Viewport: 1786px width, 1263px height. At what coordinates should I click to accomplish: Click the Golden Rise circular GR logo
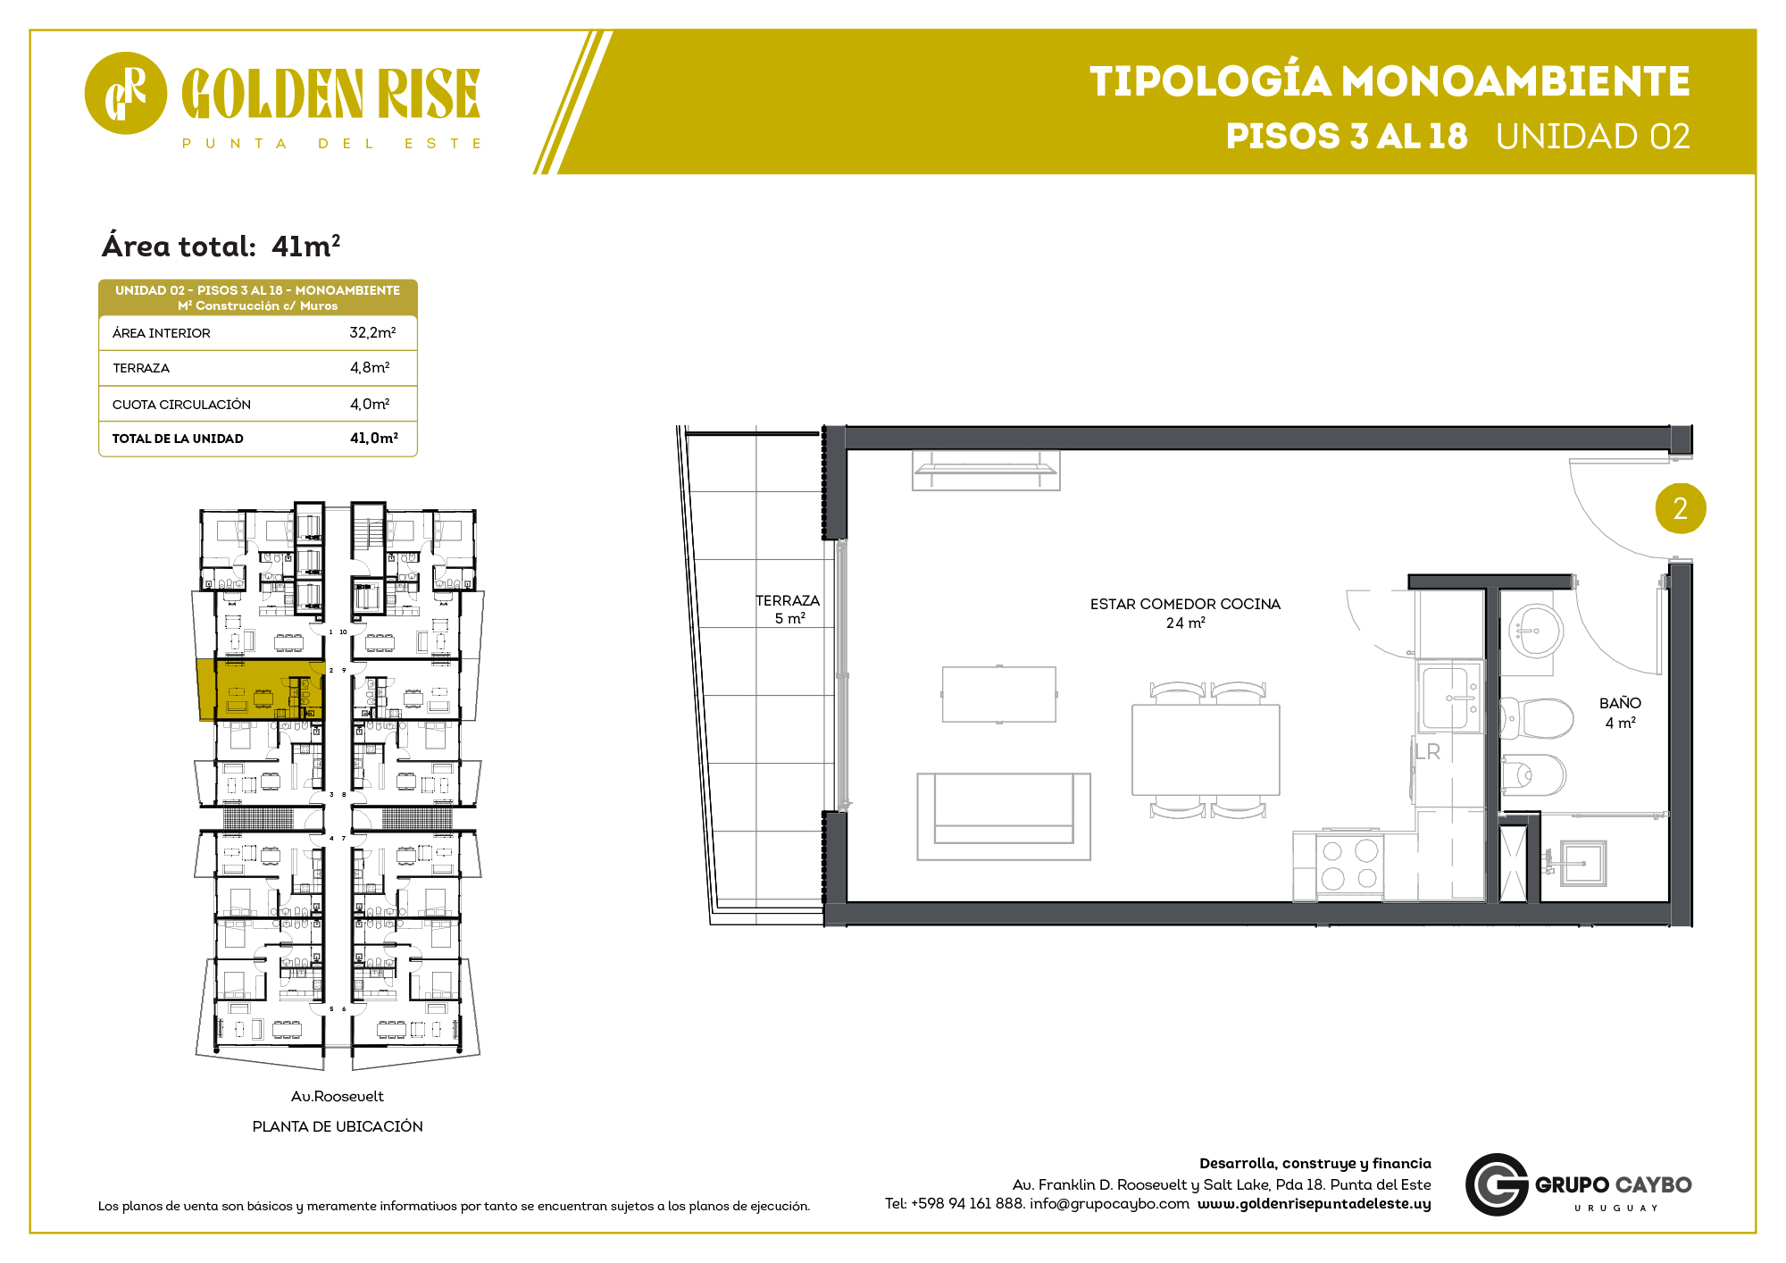[x=125, y=93]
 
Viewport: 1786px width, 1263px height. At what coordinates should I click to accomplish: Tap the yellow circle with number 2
[x=1680, y=508]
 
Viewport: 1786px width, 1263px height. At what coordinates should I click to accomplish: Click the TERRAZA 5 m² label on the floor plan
[x=788, y=609]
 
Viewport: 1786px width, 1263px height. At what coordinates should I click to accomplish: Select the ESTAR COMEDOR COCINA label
[x=1185, y=604]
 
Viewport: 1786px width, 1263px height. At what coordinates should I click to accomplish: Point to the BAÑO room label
[x=1620, y=703]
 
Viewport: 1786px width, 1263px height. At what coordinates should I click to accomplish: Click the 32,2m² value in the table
[x=372, y=332]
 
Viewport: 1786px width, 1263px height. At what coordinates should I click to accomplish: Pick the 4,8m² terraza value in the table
[x=370, y=367]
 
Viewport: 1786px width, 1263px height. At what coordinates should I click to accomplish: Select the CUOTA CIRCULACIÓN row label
[x=181, y=405]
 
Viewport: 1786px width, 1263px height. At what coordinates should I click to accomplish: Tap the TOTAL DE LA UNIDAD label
[x=178, y=439]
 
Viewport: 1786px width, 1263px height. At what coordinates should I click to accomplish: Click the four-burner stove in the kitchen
[x=1349, y=865]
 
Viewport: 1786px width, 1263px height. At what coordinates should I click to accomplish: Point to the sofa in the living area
[x=1004, y=816]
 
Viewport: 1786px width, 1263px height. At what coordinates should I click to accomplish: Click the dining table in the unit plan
[x=1206, y=750]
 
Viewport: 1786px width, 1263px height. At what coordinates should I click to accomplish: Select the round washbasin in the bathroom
[x=1535, y=631]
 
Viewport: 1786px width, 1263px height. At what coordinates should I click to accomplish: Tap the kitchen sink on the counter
[x=1450, y=698]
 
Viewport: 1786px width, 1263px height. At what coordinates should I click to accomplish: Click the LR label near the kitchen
[x=1428, y=752]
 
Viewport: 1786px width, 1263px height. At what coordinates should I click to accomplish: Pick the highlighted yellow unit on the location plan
[x=260, y=690]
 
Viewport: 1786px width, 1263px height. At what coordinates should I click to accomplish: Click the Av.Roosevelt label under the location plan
[x=337, y=1096]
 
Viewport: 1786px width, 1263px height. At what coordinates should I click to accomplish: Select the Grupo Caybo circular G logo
[x=1497, y=1184]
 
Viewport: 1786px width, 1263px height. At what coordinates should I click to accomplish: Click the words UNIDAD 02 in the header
[x=1593, y=137]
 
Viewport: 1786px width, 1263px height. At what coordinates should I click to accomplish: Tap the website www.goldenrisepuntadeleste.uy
[x=1314, y=1203]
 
